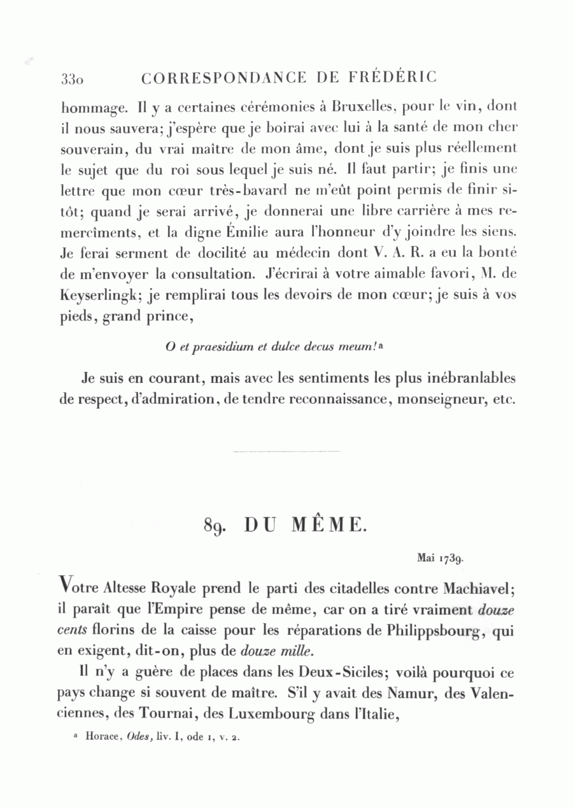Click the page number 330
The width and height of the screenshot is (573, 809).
[x=73, y=80]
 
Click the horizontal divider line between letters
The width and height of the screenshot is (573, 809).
[x=286, y=452]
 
